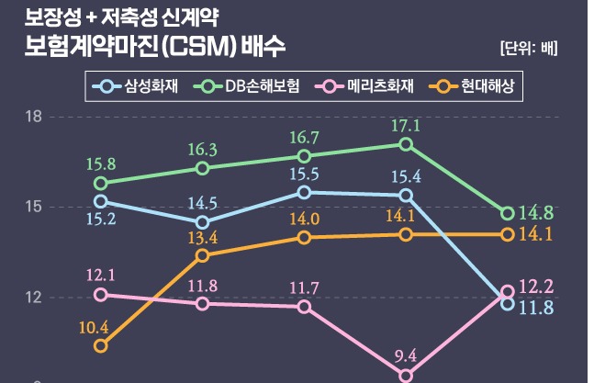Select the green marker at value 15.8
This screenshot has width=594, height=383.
point(101,184)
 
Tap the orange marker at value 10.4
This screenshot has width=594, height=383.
point(101,346)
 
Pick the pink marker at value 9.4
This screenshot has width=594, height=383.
point(406,376)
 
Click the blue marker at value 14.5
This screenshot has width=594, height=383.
point(202,222)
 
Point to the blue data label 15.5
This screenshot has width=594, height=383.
point(304,174)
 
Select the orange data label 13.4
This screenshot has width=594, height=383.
point(202,238)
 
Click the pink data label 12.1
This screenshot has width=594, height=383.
point(100,276)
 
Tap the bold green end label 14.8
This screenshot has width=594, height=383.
point(535,213)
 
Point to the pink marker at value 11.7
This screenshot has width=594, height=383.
point(304,306)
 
